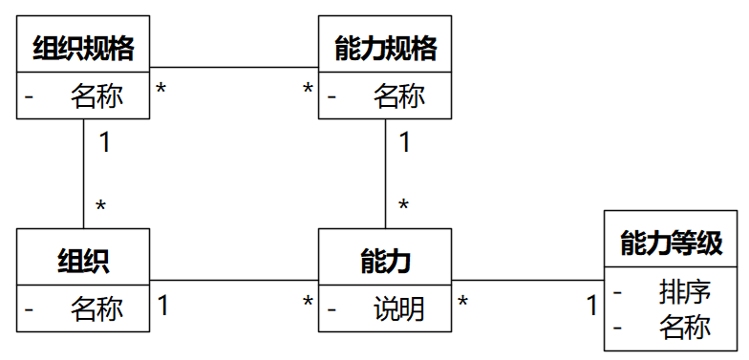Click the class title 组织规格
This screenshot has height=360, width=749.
(83, 48)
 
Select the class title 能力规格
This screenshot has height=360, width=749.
(385, 48)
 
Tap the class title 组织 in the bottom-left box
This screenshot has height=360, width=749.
(83, 260)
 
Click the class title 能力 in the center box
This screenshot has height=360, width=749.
(385, 260)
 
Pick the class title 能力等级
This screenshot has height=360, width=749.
(671, 241)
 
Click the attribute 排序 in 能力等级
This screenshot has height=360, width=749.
(685, 290)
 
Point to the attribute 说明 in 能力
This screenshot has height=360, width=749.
(398, 308)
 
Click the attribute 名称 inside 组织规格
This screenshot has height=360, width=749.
(96, 96)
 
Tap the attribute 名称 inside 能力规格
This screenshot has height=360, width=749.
(398, 96)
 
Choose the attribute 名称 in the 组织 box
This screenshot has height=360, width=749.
(96, 308)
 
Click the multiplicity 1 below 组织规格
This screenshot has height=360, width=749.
(103, 143)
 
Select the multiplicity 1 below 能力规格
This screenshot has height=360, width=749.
(404, 143)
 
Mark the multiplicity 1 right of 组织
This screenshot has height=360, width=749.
(163, 306)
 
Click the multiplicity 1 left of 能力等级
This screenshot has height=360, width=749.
(591, 306)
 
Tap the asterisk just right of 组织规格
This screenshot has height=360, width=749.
(161, 90)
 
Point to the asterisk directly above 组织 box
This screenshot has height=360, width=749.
(100, 206)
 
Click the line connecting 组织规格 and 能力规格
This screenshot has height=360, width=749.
(234, 68)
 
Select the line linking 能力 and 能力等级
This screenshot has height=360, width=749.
(527, 280)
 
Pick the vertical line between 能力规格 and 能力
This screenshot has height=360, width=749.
(385, 172)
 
